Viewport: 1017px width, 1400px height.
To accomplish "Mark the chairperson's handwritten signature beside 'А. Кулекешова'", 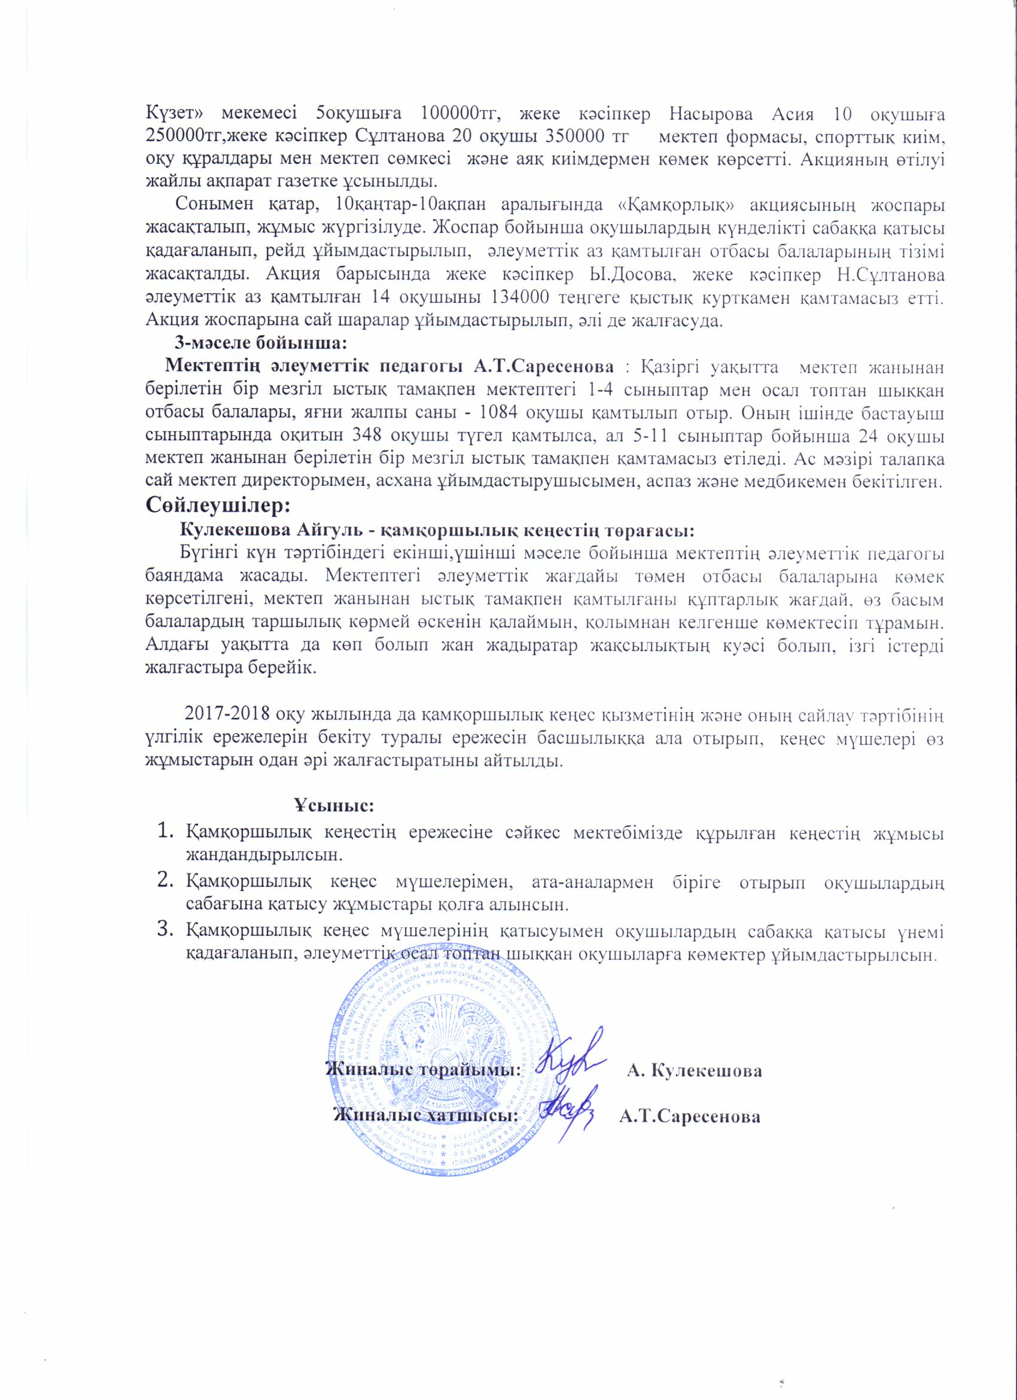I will click(568, 1059).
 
